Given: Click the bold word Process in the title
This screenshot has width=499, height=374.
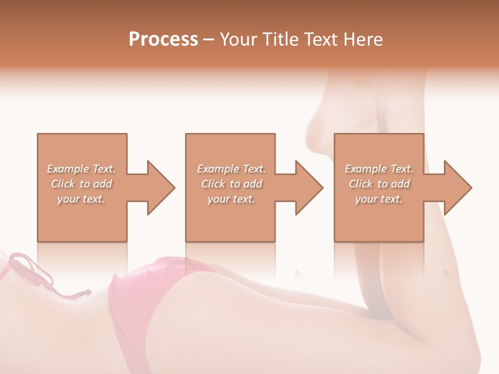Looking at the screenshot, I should (x=163, y=39).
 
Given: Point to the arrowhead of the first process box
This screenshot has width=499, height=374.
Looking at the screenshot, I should (x=161, y=188).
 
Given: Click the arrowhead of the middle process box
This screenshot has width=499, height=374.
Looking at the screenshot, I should (x=309, y=188).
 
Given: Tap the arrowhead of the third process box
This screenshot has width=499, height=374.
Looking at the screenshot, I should (x=457, y=188).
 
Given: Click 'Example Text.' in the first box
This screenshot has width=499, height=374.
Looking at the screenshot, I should (x=81, y=169).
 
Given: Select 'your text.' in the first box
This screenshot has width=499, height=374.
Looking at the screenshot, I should (x=81, y=199).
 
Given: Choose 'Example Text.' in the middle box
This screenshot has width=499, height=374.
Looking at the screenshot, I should (x=231, y=169).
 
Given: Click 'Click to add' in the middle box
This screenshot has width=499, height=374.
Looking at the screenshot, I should (x=231, y=184).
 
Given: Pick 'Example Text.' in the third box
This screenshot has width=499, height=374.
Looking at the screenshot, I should (x=379, y=169).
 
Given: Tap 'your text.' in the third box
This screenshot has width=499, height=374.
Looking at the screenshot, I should (x=379, y=199).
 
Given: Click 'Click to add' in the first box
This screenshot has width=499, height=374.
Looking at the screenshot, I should (x=81, y=184).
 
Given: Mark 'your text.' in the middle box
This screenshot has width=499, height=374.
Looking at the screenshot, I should (x=231, y=199).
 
